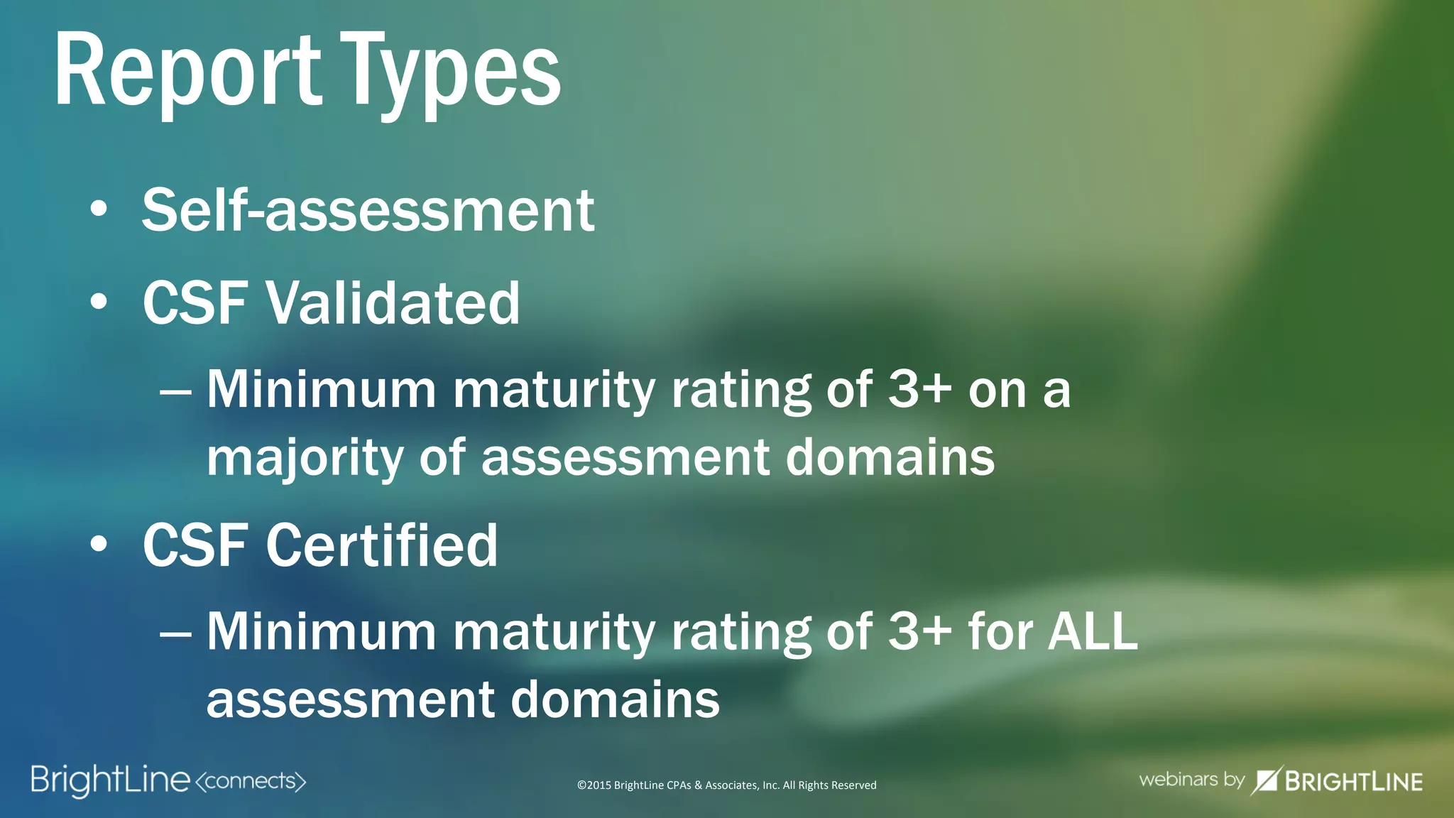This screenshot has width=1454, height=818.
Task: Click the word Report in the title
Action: pos(188,71)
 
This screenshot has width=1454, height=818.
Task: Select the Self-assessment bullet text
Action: pos(368,210)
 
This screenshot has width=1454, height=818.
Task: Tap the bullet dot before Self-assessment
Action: pos(99,210)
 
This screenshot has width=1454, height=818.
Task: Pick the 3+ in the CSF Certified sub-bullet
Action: pos(920,631)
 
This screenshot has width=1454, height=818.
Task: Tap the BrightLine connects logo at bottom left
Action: pos(168,780)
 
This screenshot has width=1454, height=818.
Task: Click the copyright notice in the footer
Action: pos(726,785)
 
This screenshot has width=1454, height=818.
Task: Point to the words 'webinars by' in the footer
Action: pos(1191,780)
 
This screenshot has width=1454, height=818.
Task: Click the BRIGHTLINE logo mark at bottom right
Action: pos(1264,780)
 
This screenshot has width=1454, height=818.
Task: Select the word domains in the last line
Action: pos(615,699)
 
